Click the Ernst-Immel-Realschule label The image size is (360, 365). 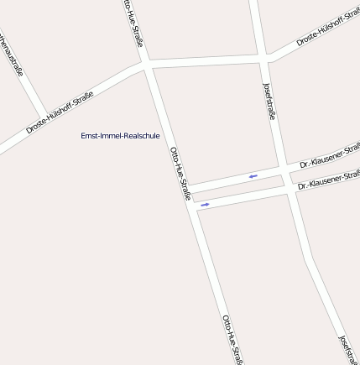120,135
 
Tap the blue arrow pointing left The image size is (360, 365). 253,176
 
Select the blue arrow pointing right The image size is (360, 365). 205,204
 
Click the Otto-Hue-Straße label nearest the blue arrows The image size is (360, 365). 180,173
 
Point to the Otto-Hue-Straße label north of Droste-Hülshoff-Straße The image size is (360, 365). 133,23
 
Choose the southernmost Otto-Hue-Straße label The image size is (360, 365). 232,339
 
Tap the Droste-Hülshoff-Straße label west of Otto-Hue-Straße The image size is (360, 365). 59,113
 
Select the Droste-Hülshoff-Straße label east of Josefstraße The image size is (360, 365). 327,30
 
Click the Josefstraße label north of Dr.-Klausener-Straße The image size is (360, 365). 269,102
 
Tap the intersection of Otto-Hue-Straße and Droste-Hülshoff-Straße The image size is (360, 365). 145,64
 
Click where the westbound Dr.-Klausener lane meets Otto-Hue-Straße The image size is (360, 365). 189,185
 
